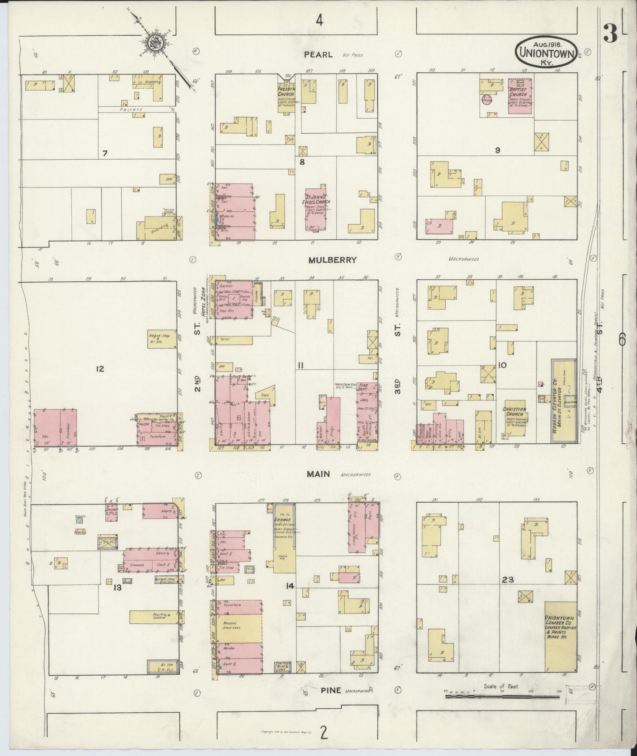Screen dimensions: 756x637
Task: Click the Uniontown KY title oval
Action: coord(547,52)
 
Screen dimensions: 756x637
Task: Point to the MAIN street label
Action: coord(319,474)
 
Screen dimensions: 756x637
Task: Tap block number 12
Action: coord(100,369)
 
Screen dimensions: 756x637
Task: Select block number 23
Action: coord(507,580)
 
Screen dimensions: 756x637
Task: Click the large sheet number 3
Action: coord(610,34)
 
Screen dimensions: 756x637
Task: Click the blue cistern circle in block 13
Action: coord(79,520)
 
